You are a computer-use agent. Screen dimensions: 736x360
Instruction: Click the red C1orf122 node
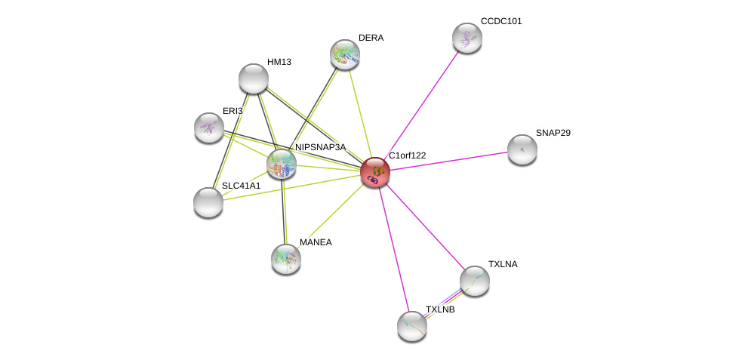[x=375, y=172]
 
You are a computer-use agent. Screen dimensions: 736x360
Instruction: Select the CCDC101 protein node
[x=467, y=38]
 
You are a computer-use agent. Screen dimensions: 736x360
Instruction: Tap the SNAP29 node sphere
[x=522, y=149]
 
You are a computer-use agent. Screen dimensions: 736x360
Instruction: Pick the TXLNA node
[x=475, y=281]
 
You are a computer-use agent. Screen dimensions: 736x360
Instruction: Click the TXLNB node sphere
[x=412, y=326]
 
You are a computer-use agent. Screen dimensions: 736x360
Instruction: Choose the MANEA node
[x=286, y=259]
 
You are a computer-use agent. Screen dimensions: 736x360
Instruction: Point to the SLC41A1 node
[x=208, y=202]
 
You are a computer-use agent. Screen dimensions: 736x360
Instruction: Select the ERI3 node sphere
[x=209, y=128]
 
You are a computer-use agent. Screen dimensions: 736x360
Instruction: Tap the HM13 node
[x=254, y=78]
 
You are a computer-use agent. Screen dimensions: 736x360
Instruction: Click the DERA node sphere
[x=345, y=54]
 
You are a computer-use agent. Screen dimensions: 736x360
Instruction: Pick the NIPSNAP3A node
[x=282, y=165]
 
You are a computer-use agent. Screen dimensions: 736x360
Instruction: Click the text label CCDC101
[x=501, y=21]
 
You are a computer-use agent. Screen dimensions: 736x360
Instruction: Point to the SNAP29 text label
[x=553, y=133]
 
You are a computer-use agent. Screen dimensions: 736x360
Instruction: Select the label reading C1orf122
[x=408, y=155]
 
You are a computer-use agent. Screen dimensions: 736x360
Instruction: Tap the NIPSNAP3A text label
[x=321, y=147]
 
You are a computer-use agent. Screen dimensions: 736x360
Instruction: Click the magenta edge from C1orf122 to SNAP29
[x=448, y=161]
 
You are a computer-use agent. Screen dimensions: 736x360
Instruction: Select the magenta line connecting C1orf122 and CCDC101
[x=421, y=105]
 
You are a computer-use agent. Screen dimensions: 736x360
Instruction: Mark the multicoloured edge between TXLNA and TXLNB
[x=444, y=303]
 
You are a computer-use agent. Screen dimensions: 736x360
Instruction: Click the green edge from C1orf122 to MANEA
[x=331, y=215]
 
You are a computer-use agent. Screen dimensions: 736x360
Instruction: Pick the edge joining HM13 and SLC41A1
[x=230, y=140]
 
